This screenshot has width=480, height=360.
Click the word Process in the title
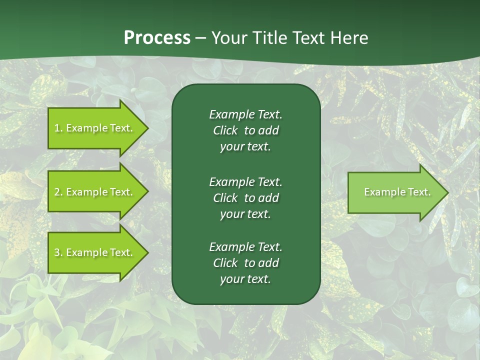157,38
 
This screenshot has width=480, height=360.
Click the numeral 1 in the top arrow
56,128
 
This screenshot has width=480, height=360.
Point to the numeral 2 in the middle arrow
57,192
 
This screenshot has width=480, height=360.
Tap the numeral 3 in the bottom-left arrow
57,252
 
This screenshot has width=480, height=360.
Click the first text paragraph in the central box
245,130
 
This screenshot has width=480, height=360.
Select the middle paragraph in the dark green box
245,197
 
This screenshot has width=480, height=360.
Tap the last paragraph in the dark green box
245,263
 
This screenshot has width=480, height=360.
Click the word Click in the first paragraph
225,130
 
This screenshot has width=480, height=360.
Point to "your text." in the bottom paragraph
245,279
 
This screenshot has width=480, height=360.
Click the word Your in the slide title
228,38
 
